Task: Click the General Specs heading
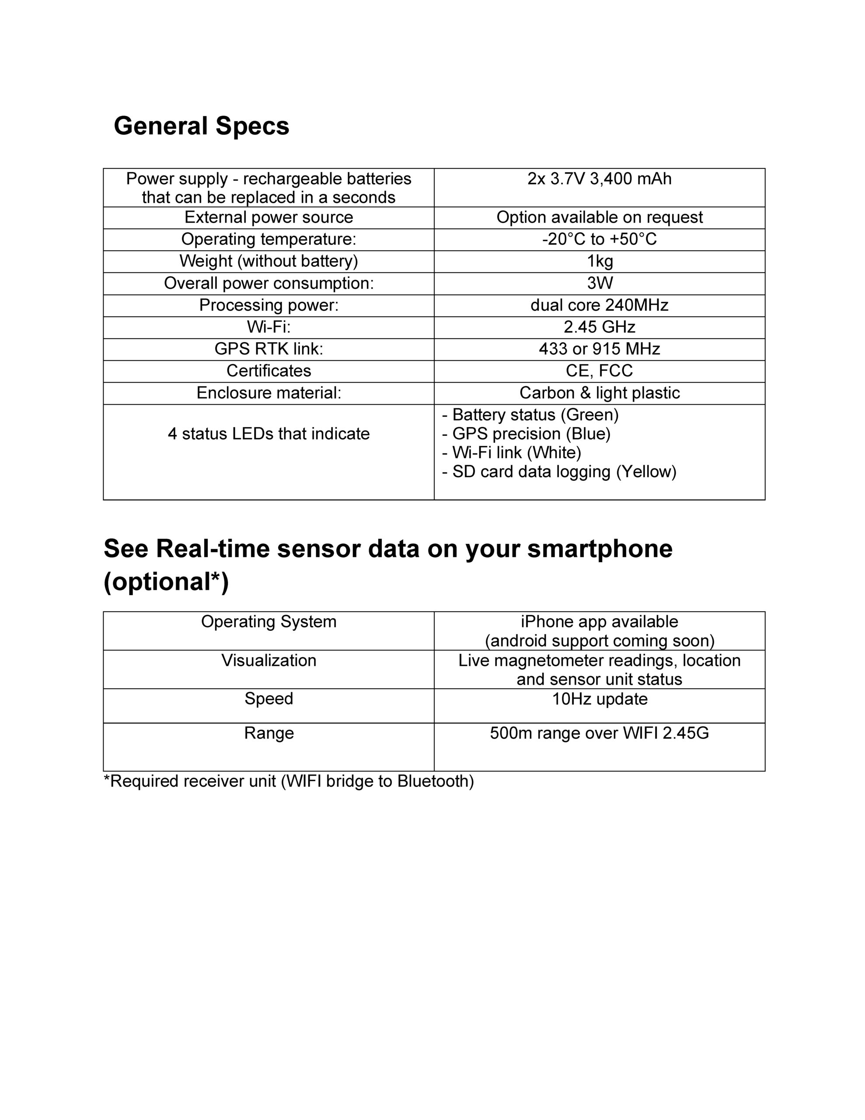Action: pos(202,126)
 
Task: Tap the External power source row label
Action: pos(269,217)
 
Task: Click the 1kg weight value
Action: pos(600,262)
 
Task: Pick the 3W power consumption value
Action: pos(600,283)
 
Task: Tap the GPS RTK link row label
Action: pos(269,349)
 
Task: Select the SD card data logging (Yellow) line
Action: pos(559,472)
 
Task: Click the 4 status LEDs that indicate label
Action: pos(269,434)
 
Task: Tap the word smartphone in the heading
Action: pos(600,549)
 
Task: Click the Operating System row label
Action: pos(269,622)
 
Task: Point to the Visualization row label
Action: pos(269,661)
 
